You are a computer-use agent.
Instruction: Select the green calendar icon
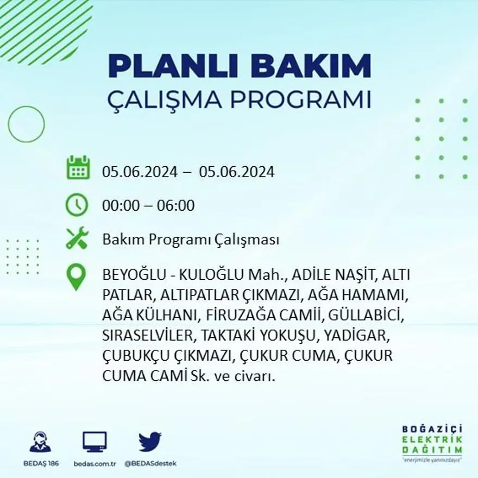pyautogui.click(x=78, y=168)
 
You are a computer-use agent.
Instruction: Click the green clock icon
pyautogui.click(x=77, y=205)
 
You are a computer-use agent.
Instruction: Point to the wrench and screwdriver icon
pyautogui.click(x=77, y=238)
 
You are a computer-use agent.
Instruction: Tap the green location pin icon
pyautogui.click(x=76, y=276)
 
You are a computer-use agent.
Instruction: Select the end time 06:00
pyautogui.click(x=175, y=206)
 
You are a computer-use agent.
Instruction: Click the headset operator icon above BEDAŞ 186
pyautogui.click(x=40, y=442)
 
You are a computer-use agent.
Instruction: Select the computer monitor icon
pyautogui.click(x=95, y=442)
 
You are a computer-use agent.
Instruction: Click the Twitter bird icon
pyautogui.click(x=150, y=442)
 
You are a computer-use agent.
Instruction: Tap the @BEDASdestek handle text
pyautogui.click(x=150, y=463)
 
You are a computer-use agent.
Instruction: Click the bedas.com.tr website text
pyautogui.click(x=95, y=463)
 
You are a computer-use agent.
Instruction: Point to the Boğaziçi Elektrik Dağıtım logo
pyautogui.click(x=432, y=443)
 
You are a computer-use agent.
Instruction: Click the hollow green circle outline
pyautogui.click(x=26, y=124)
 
